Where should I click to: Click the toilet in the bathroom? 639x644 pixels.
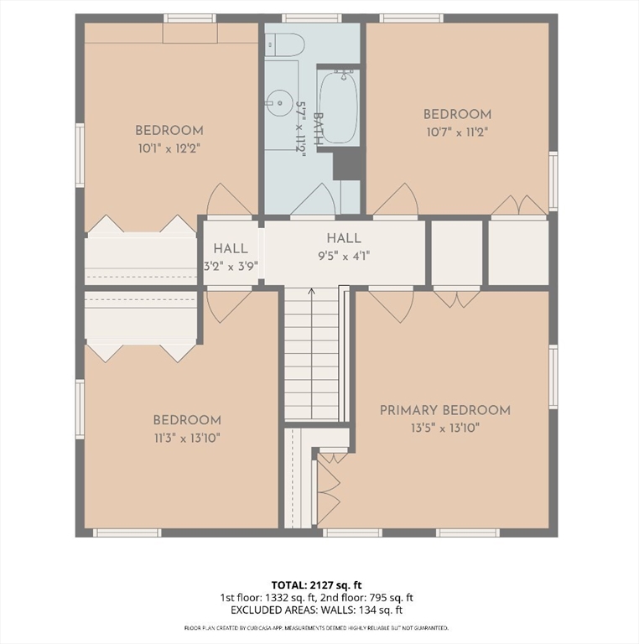tap(283, 44)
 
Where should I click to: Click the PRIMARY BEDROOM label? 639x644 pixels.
tap(445, 410)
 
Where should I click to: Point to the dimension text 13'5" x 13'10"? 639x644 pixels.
tap(445, 428)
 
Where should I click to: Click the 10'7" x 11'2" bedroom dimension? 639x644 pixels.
tap(457, 132)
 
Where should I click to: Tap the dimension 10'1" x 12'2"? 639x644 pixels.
tap(169, 148)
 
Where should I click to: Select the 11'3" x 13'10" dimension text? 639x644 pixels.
tap(187, 439)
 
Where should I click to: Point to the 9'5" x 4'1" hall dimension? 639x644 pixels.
tap(344, 257)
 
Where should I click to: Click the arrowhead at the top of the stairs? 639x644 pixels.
tap(312, 291)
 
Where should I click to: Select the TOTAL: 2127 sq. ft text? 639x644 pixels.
tap(317, 584)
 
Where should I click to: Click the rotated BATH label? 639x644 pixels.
tap(319, 129)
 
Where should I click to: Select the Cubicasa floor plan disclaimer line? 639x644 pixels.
tap(316, 628)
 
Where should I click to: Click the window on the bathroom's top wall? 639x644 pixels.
tap(312, 18)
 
